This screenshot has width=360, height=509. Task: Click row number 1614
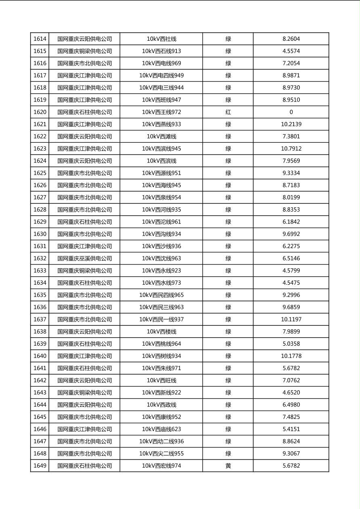pos(40,39)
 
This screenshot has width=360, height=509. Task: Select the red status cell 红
pos(228,112)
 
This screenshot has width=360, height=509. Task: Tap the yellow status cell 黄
pos(228,466)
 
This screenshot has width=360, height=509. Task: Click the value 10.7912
pos(291,149)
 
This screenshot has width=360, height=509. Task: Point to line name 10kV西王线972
pos(161,112)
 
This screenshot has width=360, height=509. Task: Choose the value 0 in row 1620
pos(291,112)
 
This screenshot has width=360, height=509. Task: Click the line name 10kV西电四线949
pos(161,75)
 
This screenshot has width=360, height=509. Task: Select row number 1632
pos(40,259)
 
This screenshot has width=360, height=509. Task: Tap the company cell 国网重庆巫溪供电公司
pos(84,259)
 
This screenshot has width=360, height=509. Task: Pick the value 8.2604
pos(291,39)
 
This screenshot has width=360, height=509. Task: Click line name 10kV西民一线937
pos(161,319)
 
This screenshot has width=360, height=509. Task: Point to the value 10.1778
pos(291,356)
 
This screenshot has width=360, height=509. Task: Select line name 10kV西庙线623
pos(161,429)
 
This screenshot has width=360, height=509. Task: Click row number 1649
pos(40,466)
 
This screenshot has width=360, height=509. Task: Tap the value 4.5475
pos(291,283)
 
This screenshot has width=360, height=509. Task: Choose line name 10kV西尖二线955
pos(161,454)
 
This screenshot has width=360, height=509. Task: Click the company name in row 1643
pos(84,392)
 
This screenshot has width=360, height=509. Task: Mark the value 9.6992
pos(291,234)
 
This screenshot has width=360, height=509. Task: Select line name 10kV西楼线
pos(161,332)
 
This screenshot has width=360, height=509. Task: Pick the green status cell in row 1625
pos(228,173)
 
